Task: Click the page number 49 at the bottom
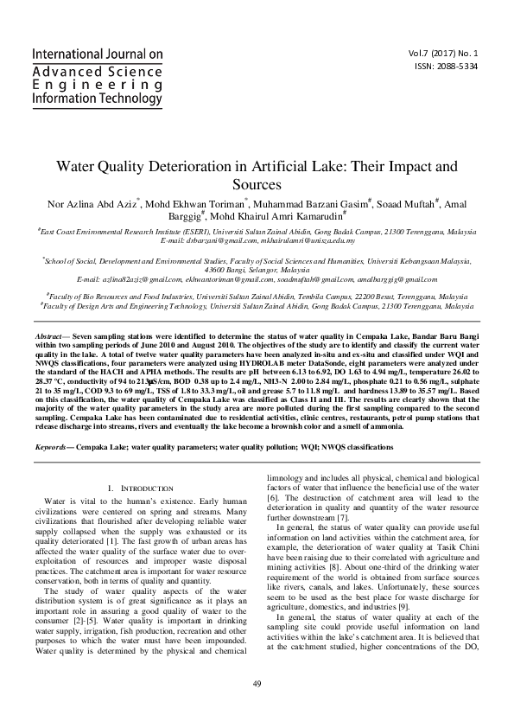point(257,686)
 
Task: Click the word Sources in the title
point(257,184)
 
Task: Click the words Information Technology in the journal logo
point(97,99)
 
